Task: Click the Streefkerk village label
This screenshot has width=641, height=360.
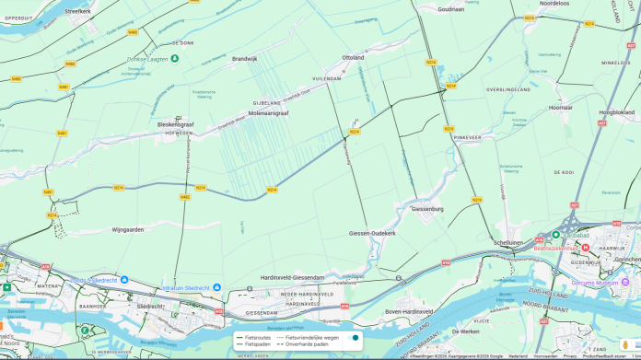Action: click(78, 11)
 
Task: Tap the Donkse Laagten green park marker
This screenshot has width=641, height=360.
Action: click(175, 59)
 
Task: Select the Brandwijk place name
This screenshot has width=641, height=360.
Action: click(245, 59)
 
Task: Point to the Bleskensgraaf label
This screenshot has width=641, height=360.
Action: click(175, 124)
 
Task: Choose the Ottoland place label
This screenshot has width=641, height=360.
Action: click(353, 57)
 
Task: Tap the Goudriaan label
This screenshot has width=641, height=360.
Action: click(450, 8)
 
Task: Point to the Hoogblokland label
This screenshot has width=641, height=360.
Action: click(617, 112)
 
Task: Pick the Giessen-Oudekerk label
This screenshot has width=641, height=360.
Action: click(372, 233)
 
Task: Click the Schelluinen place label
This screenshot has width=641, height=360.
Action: click(508, 242)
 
